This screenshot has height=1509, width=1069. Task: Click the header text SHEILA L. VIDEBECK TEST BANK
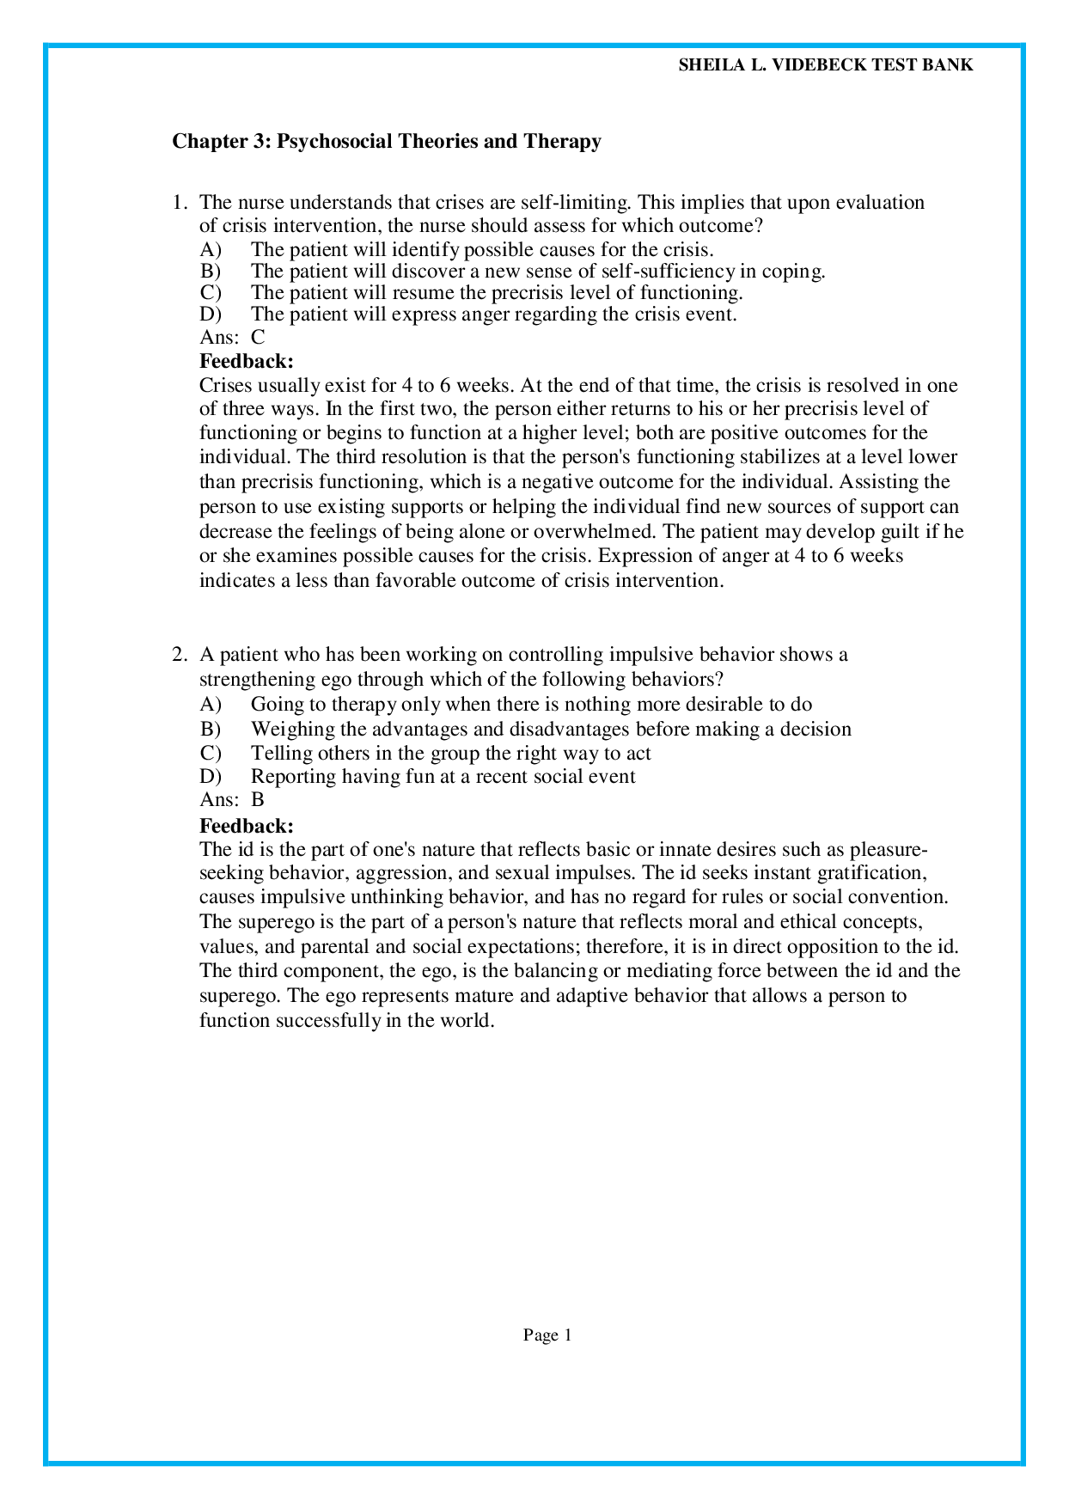tap(826, 65)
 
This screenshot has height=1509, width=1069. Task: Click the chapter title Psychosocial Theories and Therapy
tap(386, 141)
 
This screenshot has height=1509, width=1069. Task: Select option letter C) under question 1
tap(210, 292)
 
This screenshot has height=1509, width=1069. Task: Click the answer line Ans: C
tap(232, 338)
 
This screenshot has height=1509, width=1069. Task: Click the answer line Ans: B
tap(232, 800)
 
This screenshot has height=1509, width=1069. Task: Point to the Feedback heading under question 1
tap(247, 361)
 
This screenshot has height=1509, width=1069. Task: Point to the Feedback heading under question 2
tap(247, 826)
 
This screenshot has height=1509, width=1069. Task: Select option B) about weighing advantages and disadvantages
tap(550, 729)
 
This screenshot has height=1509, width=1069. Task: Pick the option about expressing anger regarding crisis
tap(493, 314)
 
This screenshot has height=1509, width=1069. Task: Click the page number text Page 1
tap(547, 1335)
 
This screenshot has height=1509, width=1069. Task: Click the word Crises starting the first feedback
tap(226, 385)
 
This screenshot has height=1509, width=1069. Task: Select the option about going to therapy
tap(530, 705)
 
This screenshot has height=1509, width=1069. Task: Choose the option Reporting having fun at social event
tap(443, 776)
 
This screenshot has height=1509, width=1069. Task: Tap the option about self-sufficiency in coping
tap(537, 271)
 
